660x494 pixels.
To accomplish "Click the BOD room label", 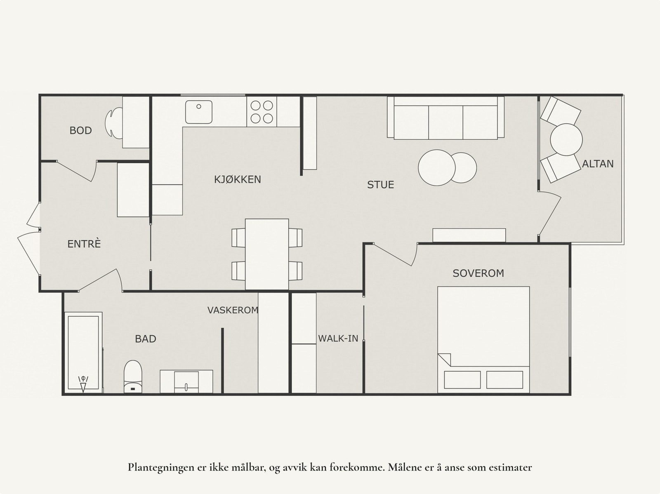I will (80, 131).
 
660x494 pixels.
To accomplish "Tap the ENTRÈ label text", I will (84, 244).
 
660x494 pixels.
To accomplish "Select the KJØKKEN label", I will (237, 179).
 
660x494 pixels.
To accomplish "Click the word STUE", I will (380, 185).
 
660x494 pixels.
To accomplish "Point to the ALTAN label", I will (598, 164).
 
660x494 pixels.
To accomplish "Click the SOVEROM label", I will (478, 273).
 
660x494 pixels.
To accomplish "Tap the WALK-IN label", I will (338, 339).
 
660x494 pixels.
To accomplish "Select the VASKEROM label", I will (233, 310).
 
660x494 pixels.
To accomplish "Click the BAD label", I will (145, 339).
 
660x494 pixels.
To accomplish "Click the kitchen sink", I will (198, 112).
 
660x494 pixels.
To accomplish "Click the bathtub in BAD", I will (83, 353).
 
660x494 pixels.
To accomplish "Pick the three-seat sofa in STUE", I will (445, 118).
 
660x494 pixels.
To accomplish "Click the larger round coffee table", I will (436, 168).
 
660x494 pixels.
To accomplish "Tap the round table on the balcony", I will (566, 139).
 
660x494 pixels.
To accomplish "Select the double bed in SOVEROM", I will (483, 338).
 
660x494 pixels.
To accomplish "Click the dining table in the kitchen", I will (266, 254).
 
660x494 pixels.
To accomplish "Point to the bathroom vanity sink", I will (186, 381).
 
